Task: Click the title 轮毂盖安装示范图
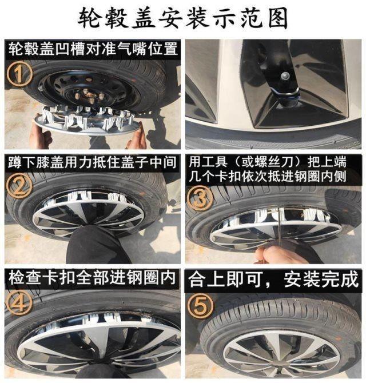[182, 18]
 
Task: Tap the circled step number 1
[19, 74]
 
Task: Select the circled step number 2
[19, 185]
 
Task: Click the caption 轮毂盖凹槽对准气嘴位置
[93, 49]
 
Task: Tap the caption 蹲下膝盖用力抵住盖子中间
[92, 162]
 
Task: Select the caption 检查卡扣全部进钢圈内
[92, 278]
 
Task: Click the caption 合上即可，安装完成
[273, 279]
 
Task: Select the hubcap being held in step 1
[87, 119]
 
